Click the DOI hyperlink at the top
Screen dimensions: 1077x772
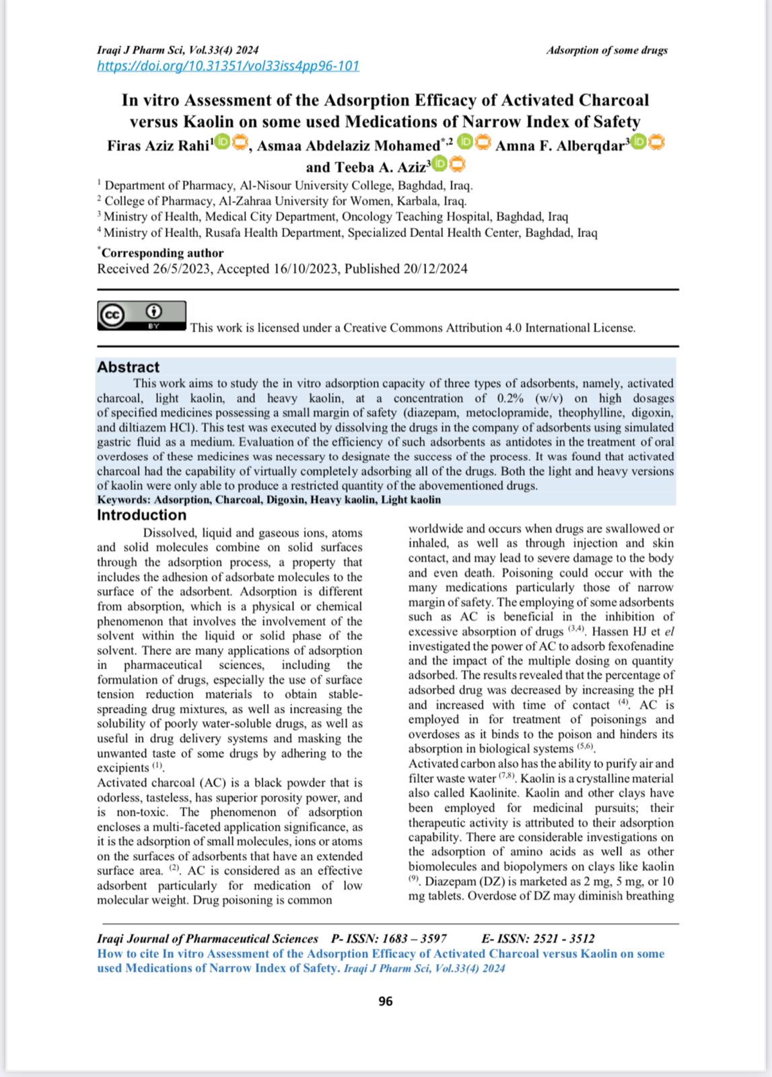click(228, 66)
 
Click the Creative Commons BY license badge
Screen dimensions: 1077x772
click(141, 316)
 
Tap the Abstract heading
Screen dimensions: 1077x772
click(129, 367)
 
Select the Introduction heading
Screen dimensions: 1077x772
click(141, 515)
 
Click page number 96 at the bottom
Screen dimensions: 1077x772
click(386, 1001)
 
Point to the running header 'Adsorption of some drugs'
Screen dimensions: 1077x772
click(606, 50)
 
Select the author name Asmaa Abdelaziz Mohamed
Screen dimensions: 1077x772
click(348, 146)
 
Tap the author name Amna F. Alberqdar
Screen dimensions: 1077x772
click(560, 146)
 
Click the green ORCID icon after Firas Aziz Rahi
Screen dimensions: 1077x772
click(222, 143)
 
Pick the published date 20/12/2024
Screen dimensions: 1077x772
click(435, 269)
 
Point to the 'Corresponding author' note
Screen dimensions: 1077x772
click(162, 253)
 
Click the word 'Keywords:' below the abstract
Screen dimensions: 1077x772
click(124, 499)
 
